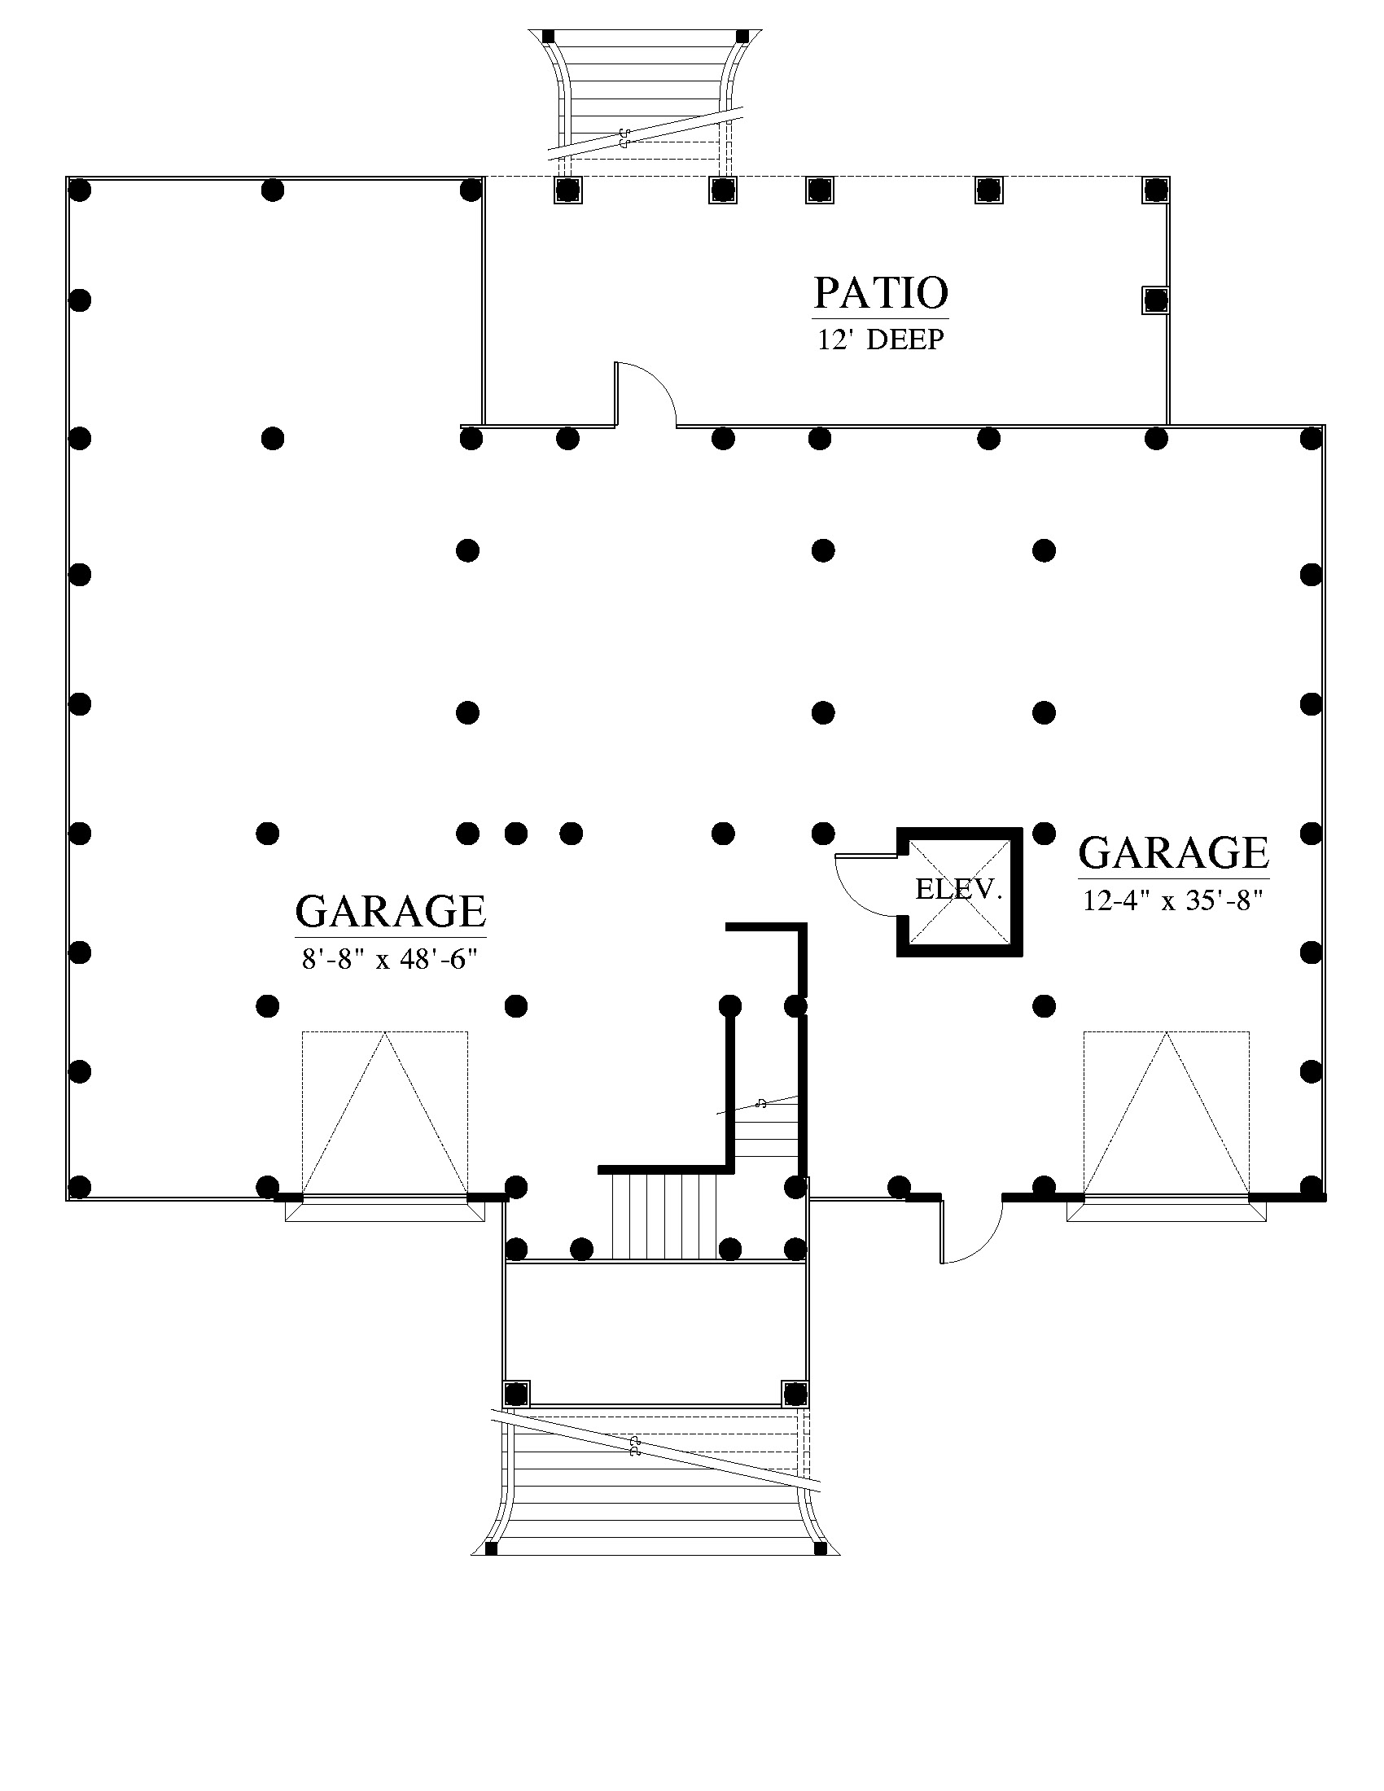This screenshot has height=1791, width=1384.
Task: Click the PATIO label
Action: click(881, 293)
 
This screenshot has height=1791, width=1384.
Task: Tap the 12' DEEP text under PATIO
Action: click(881, 339)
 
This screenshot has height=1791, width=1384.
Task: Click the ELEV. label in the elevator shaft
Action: click(958, 889)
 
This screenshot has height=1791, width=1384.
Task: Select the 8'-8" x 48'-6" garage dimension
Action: click(390, 959)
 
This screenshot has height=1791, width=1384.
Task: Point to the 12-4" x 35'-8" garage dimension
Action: click(1172, 900)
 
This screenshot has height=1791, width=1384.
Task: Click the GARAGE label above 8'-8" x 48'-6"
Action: click(390, 911)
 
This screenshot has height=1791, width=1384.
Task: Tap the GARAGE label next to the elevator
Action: click(1173, 853)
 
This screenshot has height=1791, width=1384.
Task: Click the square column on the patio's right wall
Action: click(1155, 300)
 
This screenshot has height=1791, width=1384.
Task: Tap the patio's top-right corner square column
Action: click(1155, 190)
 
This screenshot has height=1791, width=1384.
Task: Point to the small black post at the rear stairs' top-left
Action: click(548, 37)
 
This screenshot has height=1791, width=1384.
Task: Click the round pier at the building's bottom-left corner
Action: click(79, 1187)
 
